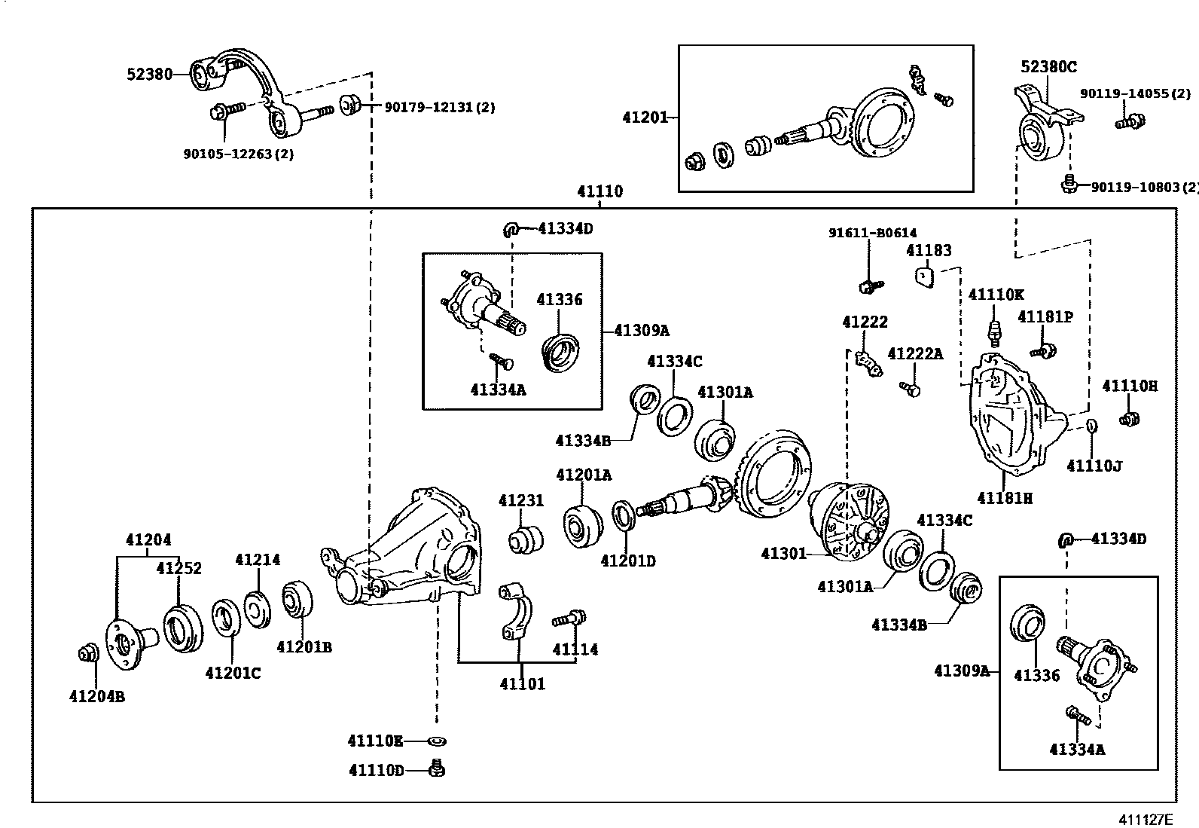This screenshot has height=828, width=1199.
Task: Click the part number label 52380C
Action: [x=1048, y=67]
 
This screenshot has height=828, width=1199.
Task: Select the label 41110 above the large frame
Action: [x=600, y=191]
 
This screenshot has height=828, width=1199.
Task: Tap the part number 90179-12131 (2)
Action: [x=440, y=108]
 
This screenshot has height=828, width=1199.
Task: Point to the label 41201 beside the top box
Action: [x=645, y=118]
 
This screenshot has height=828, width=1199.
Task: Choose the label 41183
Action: [x=929, y=250]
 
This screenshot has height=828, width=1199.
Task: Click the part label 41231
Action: [x=521, y=501]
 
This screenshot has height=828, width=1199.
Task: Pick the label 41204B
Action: [x=97, y=696]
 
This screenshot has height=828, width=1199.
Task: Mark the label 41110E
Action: [x=375, y=741]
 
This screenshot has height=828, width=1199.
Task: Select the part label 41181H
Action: [x=1005, y=498]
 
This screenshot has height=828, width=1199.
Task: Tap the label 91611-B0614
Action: [x=873, y=234]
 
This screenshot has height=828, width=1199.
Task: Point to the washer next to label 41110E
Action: [x=435, y=742]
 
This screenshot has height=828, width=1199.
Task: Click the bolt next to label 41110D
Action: [x=436, y=769]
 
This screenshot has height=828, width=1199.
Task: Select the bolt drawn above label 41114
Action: [x=569, y=619]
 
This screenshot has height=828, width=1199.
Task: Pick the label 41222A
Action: [x=915, y=354]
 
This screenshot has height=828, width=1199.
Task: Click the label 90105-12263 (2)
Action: [x=238, y=154]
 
